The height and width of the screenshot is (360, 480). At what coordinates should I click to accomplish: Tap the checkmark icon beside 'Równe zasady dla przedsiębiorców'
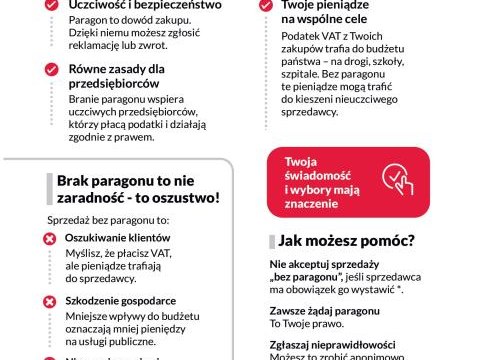click(50, 70)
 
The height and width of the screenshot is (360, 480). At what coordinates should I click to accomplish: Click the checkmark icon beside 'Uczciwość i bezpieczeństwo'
click(50, 6)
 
